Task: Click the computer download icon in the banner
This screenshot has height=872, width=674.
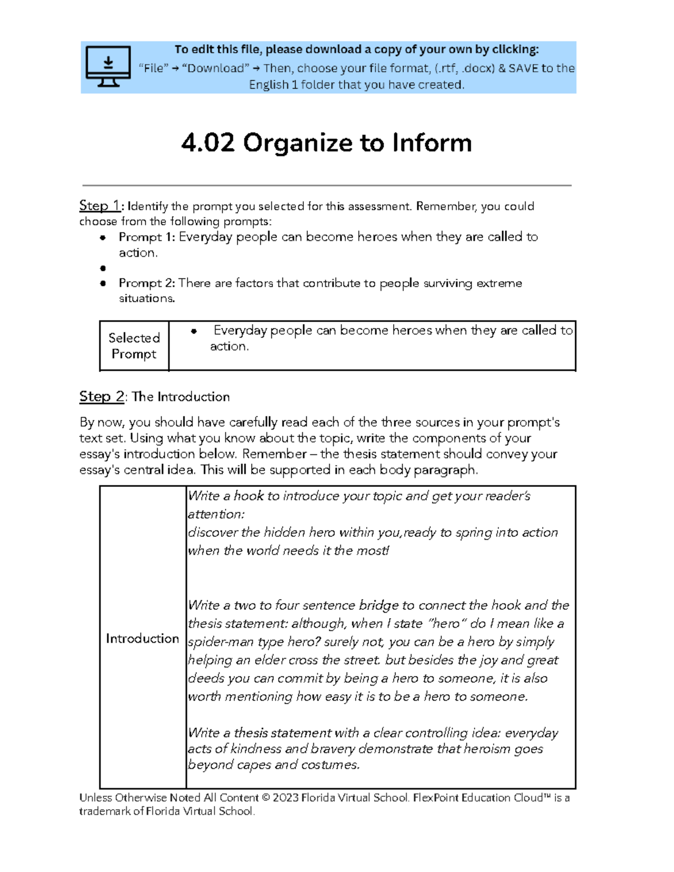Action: (108, 66)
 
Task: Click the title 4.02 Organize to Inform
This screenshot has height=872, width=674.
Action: (326, 143)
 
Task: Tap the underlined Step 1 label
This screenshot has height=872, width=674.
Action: (99, 206)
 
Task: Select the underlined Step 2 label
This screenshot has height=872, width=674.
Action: (101, 396)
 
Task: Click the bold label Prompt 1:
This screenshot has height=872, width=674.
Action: (147, 237)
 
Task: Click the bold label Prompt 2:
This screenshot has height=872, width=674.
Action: (147, 283)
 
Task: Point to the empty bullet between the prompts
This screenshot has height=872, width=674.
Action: (103, 268)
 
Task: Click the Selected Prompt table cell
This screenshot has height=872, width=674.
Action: (134, 346)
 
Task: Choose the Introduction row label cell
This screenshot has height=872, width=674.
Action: (142, 638)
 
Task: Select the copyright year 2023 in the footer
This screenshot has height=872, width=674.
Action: (286, 798)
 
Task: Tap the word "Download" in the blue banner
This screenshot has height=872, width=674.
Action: (216, 69)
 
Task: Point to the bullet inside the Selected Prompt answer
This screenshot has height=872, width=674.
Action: (194, 331)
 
